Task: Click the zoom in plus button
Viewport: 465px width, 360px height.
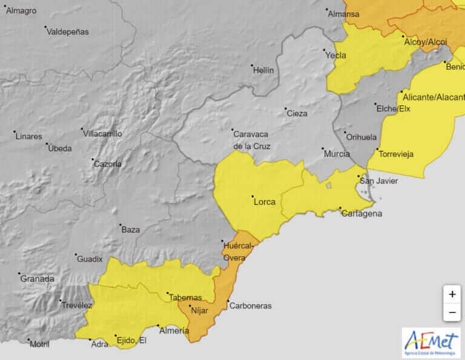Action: click(452, 295)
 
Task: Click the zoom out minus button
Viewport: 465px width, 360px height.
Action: click(452, 313)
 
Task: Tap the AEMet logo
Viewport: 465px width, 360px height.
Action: click(431, 342)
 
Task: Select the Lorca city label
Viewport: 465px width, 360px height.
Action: click(265, 202)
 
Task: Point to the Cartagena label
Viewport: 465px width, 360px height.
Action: click(361, 213)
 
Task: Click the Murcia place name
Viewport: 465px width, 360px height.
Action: click(337, 154)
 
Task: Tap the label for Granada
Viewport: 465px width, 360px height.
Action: click(37, 279)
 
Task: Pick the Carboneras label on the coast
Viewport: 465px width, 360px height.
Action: click(250, 306)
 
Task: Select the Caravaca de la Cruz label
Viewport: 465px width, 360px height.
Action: click(252, 140)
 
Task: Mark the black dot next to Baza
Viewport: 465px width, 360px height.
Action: click(120, 225)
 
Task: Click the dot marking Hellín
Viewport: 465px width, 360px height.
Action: click(252, 65)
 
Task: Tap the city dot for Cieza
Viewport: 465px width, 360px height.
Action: click(286, 109)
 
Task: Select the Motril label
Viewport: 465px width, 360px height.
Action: click(39, 344)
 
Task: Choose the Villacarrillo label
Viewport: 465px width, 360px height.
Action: click(102, 133)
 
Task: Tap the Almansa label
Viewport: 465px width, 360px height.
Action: click(343, 14)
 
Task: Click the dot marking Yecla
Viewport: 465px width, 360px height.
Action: click(324, 50)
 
